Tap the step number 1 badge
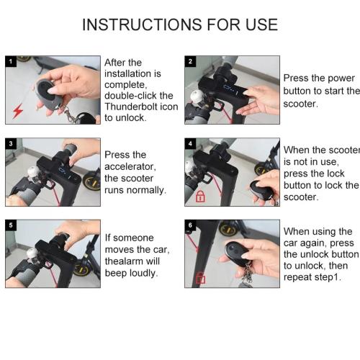tap(11, 61)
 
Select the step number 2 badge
tap(190, 61)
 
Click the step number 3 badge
tap(11, 143)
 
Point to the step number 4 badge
tap(190, 143)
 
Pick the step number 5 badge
tap(11, 225)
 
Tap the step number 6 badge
tap(190, 225)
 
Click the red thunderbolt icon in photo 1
tap(18, 111)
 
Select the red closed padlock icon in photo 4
tap(200, 196)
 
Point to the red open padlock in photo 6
tap(200, 277)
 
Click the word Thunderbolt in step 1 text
tap(131, 107)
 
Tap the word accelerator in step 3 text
tap(130, 166)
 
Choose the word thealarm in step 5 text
tap(132, 261)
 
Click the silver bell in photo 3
tap(32, 172)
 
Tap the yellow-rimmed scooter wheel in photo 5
tap(82, 269)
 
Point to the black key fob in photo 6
tap(236, 253)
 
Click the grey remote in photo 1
tap(48, 92)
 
